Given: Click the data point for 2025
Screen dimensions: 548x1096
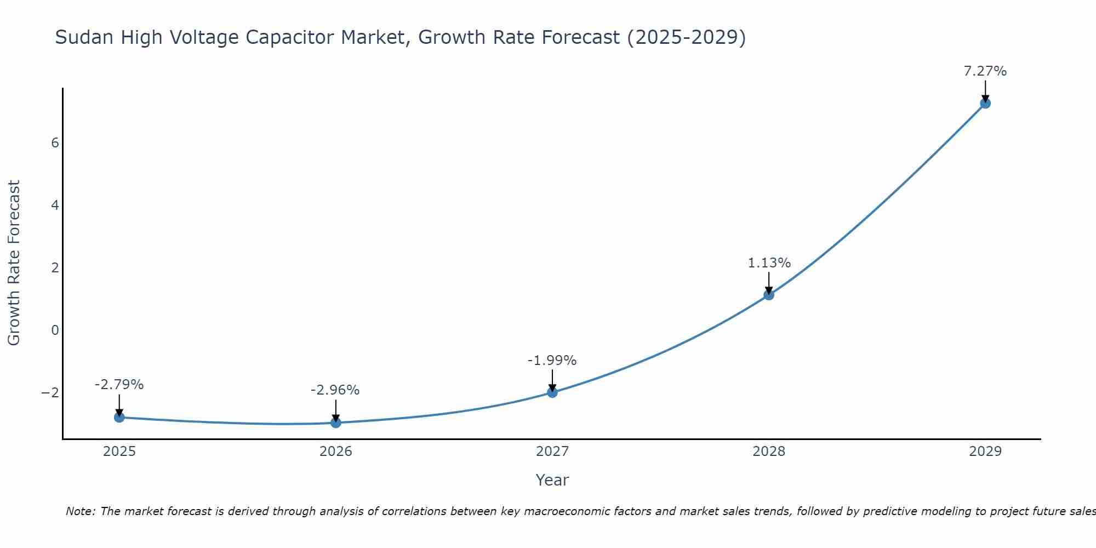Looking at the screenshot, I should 119,418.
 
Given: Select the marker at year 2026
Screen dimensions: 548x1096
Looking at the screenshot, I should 336,423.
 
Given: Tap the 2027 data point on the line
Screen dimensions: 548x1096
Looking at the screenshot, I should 552,392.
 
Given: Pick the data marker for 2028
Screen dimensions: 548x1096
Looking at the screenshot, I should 769,295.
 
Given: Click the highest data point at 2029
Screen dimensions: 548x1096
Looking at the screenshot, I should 985,103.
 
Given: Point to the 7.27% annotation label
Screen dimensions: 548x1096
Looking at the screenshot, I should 985,71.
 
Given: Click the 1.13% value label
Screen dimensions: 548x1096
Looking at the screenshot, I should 769,263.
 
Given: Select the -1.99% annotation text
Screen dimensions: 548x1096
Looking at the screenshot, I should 552,361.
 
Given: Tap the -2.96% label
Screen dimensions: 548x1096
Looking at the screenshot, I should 335,390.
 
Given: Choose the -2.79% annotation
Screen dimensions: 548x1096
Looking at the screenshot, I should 119,385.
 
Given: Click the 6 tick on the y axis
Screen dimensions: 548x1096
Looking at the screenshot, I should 55,143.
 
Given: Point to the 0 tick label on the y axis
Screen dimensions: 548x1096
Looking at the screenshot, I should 55,330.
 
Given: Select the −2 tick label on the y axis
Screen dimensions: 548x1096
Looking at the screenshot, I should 50,393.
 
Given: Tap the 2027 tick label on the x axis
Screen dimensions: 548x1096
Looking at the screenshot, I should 552,452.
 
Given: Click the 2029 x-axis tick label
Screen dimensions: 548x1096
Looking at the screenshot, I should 985,452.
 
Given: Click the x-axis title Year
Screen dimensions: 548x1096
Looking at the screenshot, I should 552,480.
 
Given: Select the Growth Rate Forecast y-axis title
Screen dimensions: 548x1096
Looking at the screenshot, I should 14,263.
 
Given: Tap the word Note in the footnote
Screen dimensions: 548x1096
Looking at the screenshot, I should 80,511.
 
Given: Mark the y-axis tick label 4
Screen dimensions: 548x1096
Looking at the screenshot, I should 55,206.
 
